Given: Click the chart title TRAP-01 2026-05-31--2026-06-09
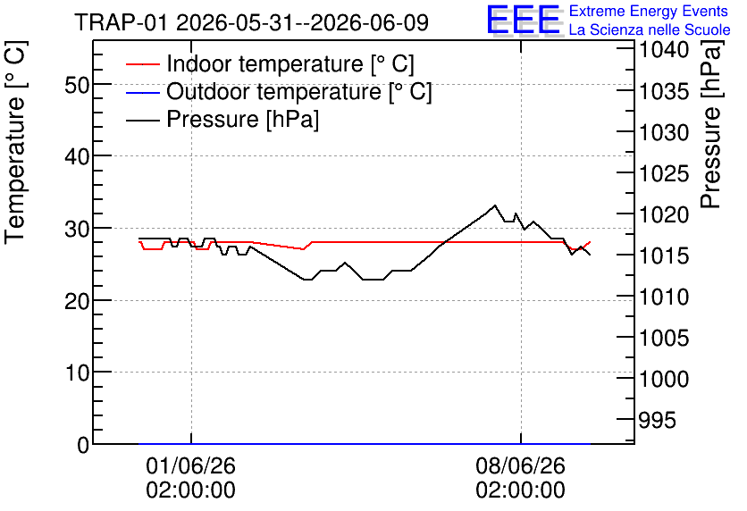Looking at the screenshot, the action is (252, 22).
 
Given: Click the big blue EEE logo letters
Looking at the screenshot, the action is (524, 20).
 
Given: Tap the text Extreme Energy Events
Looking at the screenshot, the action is (649, 11).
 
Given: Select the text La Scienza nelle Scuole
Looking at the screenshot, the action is (650, 29).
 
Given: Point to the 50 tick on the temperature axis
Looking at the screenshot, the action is (77, 85).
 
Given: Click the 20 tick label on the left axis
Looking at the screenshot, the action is (77, 300).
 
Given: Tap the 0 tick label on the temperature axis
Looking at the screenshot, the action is (83, 445).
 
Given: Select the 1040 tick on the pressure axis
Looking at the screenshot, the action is (664, 49).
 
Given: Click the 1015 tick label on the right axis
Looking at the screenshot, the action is (664, 255).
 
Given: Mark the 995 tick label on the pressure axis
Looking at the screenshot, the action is (657, 421).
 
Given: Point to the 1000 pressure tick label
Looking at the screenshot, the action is (664, 380).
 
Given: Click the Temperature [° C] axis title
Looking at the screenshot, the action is (15, 143).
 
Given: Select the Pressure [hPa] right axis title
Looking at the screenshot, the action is (710, 125).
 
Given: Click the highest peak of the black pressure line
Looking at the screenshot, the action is (495, 205).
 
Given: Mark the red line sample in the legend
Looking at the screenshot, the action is (142, 63).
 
